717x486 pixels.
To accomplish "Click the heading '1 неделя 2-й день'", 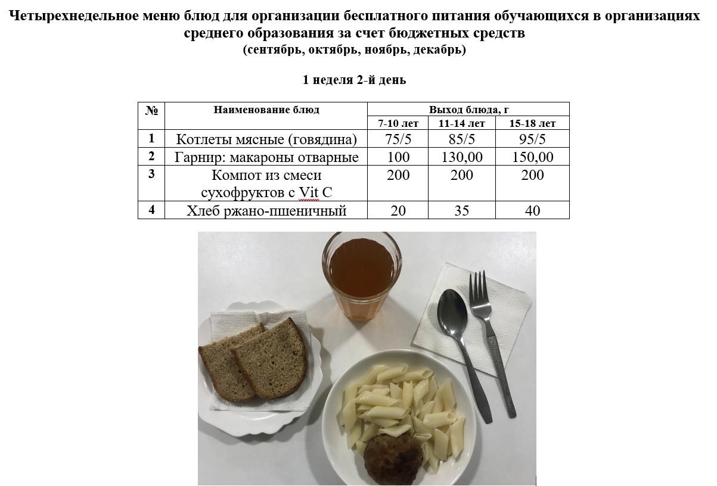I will coord(355,80).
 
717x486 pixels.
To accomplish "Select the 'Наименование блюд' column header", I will coord(266,110).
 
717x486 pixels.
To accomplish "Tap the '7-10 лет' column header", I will coord(398,123).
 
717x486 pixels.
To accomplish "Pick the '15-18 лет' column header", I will coord(532,123).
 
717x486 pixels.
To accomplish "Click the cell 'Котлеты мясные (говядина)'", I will coord(266,139).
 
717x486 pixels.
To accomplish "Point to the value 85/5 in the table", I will coord(462,139).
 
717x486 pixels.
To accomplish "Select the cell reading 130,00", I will coord(462,157).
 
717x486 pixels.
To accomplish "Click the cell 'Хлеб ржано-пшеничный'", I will coord(266,210).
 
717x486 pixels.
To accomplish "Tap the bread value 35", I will coord(462,210).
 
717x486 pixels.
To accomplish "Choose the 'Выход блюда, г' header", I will coord(468,110).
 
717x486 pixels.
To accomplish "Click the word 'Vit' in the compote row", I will coord(309,192).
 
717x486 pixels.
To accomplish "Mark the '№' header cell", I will coord(151,110).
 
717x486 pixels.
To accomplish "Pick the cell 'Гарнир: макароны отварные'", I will coord(266,157).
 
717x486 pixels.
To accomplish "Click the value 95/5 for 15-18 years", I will coord(532,139).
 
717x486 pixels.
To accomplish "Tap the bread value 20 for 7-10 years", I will coord(398,210).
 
